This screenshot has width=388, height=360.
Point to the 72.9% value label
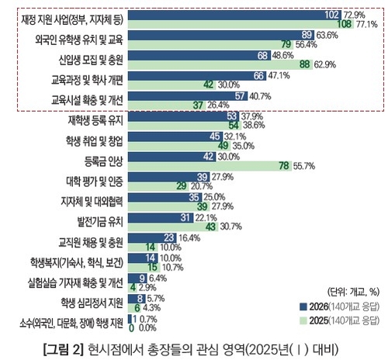coord(355,15)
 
